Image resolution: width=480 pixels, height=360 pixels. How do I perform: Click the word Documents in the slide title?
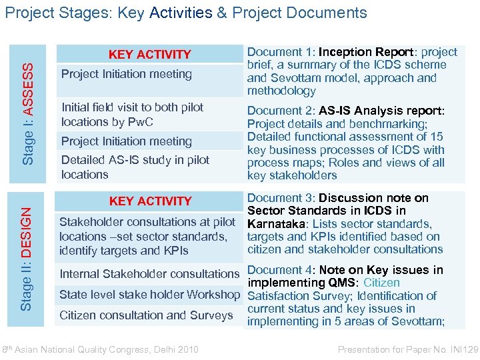331,13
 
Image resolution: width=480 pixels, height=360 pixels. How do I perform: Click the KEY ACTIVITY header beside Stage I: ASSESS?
150,54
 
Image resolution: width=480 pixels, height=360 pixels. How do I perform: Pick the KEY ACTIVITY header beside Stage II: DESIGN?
150,201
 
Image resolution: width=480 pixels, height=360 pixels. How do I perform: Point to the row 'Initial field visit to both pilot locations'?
132,114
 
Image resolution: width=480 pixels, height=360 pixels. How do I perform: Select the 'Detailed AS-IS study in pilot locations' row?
135,167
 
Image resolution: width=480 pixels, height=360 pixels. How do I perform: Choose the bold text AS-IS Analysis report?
381,111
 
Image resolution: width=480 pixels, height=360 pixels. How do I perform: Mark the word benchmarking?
391,124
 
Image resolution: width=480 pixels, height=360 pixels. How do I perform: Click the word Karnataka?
271,224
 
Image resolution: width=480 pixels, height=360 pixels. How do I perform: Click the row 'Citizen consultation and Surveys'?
146,315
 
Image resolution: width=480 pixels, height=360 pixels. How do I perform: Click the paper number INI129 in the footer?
459,349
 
